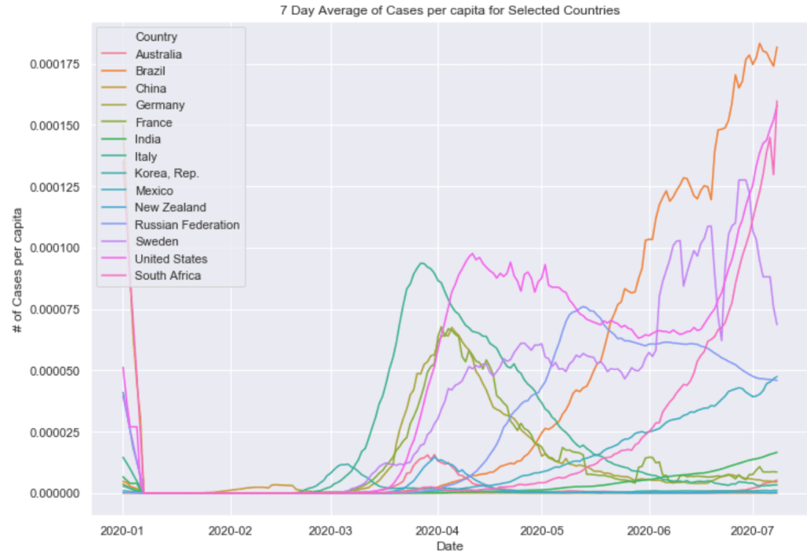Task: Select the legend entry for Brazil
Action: [x=150, y=72]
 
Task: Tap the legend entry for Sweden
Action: [x=157, y=242]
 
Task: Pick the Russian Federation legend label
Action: [x=187, y=224]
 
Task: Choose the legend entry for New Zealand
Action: [x=170, y=208]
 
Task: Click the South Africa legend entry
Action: [x=168, y=276]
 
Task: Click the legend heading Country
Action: [x=156, y=37]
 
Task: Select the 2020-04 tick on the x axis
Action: [x=437, y=527]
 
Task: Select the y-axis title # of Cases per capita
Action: [x=17, y=272]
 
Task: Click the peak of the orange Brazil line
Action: [x=760, y=44]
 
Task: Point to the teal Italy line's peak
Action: [x=422, y=263]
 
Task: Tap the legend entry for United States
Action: [x=171, y=259]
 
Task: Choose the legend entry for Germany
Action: [x=159, y=106]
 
